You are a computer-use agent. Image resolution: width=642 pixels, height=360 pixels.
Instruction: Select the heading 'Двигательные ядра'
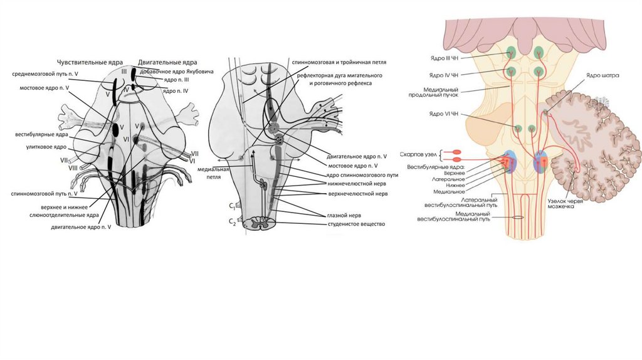pyautogui.click(x=168, y=63)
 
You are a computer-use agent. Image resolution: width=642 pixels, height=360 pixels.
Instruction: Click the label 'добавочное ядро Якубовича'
pyautogui.click(x=172, y=71)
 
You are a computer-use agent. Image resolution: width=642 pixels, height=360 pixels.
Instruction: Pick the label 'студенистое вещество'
pyautogui.click(x=356, y=223)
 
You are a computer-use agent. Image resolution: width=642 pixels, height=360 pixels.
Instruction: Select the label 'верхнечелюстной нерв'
pyautogui.click(x=357, y=194)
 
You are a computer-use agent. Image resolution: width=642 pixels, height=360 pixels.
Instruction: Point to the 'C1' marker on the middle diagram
pyautogui.click(x=231, y=206)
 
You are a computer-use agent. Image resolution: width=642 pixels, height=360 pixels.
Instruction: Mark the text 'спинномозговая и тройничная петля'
pyautogui.click(x=339, y=63)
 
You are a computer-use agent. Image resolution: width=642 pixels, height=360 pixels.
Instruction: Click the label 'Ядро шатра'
pyautogui.click(x=599, y=75)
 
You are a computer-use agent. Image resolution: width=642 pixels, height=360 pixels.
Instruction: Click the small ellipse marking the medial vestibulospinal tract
pyautogui.click(x=517, y=217)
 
